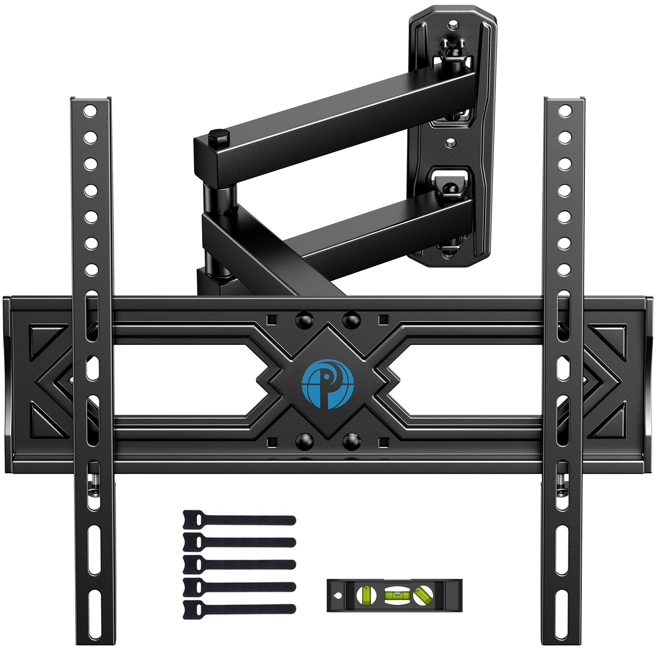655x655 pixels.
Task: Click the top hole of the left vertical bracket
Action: pos(90,111)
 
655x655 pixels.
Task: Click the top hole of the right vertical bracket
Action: pos(565,111)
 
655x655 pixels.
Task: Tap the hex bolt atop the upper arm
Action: pos(218,135)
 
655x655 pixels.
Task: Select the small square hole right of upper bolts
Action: pos(383,319)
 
